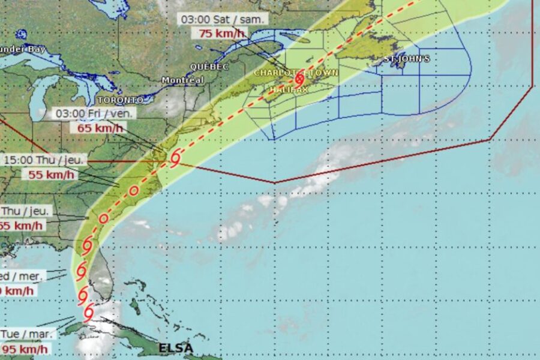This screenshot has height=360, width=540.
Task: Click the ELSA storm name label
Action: tap(176, 347)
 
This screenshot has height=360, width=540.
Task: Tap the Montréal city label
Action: tap(183, 80)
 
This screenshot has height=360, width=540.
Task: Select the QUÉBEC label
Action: tap(209, 67)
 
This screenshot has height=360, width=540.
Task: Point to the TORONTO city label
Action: tap(121, 100)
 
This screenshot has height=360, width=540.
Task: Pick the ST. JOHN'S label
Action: tap(407, 59)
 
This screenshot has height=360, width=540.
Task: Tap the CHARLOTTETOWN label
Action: tap(296, 73)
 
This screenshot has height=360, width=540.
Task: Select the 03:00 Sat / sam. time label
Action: tap(223, 19)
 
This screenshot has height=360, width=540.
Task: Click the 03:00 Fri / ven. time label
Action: tap(95, 113)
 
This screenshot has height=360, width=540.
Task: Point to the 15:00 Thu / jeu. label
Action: tap(46, 160)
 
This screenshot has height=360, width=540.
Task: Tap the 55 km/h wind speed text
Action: tap(52, 175)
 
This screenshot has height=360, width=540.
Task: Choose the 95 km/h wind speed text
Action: tap(25, 349)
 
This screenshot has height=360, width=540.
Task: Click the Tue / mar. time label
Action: tap(28, 334)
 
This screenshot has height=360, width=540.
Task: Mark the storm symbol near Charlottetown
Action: tap(299, 79)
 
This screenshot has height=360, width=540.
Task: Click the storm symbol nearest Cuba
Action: tap(89, 312)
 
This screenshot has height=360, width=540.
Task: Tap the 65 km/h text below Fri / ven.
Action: tap(100, 127)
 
